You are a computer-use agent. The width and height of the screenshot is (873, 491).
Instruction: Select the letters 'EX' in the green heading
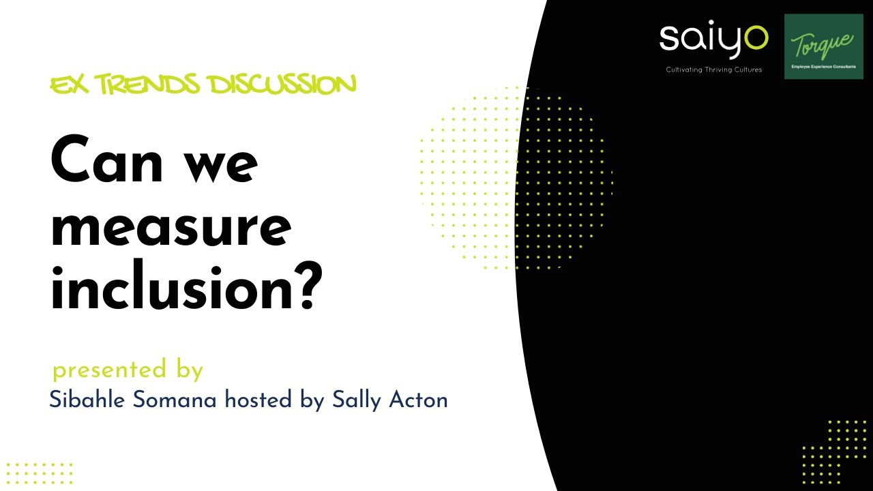coord(69,85)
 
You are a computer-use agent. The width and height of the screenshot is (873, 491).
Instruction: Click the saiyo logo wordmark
coord(713,40)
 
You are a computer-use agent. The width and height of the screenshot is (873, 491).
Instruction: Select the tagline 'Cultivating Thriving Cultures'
coord(713,70)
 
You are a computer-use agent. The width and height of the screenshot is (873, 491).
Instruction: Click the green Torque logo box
coord(824,46)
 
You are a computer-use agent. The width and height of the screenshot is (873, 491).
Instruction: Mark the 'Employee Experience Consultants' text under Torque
coord(823,68)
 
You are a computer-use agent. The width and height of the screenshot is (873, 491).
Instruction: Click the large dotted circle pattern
coord(516,177)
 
